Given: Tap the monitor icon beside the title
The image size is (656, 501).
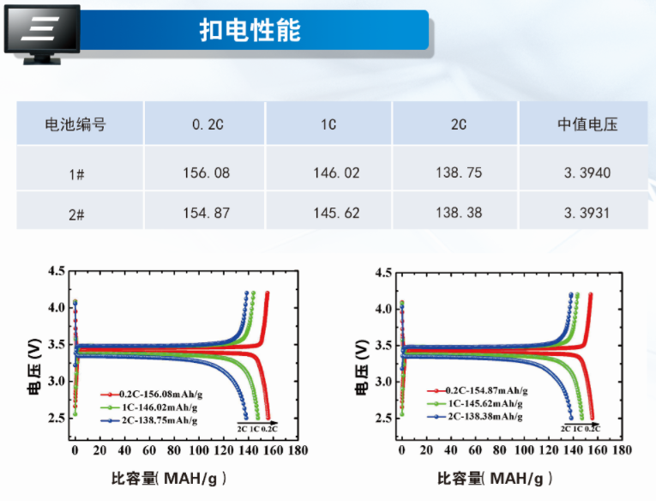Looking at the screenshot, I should tap(41, 33).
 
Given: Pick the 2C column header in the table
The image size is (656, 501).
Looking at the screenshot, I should tap(458, 124).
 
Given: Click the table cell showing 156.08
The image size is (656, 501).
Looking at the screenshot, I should tap(206, 172).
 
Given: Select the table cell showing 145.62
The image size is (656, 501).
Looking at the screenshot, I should tap(335, 213).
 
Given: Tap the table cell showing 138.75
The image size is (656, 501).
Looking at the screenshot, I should tap(459, 172).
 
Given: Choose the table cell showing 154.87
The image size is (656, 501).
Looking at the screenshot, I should tap(206, 213).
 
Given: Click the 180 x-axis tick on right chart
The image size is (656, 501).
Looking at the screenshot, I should tap(625, 450).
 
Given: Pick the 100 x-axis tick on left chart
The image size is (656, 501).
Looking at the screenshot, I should tap(199, 450).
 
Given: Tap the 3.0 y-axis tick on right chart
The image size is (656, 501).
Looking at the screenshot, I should tap(383, 382).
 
